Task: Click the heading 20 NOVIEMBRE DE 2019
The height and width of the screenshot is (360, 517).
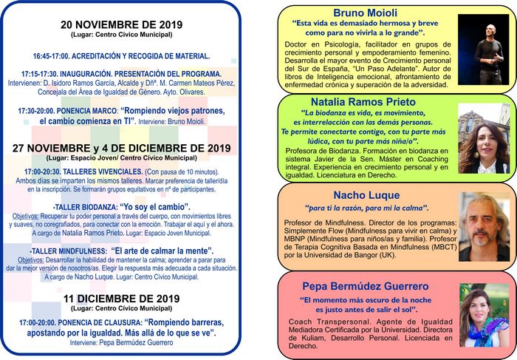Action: (121, 24)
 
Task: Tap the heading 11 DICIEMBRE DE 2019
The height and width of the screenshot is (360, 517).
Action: (121, 298)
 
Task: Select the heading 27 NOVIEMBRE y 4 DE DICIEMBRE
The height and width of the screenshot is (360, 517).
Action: (122, 148)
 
